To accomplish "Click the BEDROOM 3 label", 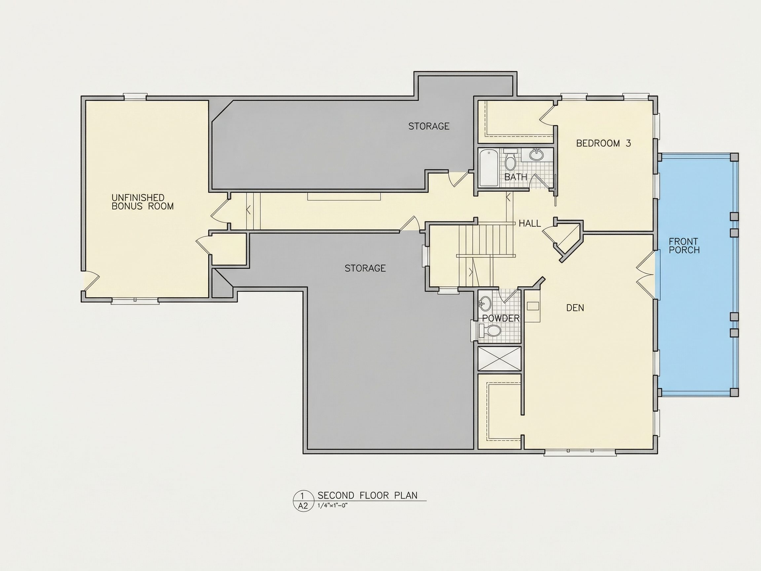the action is pyautogui.click(x=603, y=143).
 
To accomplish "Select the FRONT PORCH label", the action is pyautogui.click(x=684, y=246).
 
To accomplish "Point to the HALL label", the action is pyautogui.click(x=529, y=223).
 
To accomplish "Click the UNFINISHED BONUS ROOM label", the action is pyautogui.click(x=142, y=202).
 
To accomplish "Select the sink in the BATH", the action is pyautogui.click(x=536, y=155).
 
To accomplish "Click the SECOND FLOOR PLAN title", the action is pyautogui.click(x=367, y=496).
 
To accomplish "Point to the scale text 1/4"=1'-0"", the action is pyautogui.click(x=333, y=506).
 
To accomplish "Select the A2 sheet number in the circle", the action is pyautogui.click(x=303, y=506).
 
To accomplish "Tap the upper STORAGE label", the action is pyautogui.click(x=429, y=126).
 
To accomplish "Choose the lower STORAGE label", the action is pyautogui.click(x=365, y=268).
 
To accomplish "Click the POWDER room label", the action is pyautogui.click(x=501, y=318).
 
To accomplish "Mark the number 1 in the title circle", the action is pyautogui.click(x=303, y=496).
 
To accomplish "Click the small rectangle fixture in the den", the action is pyautogui.click(x=532, y=306).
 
